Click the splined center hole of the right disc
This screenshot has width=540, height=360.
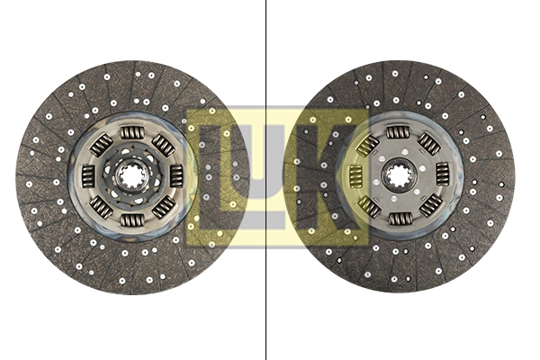pyautogui.click(x=398, y=174)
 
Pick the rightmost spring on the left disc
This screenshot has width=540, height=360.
pyautogui.click(x=175, y=176)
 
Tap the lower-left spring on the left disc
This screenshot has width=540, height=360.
pyautogui.click(x=101, y=206)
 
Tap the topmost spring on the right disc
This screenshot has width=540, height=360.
pyautogui.click(x=398, y=133)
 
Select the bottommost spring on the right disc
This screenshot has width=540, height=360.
pyautogui.click(x=398, y=217)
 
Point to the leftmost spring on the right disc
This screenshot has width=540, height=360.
pyautogui.click(x=355, y=175)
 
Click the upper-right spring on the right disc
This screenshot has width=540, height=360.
pyautogui.click(x=428, y=144)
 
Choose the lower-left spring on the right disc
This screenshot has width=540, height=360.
pyautogui.click(x=368, y=206)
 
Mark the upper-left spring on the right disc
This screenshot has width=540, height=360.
pyautogui.click(x=368, y=145)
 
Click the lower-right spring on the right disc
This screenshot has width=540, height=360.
pyautogui.click(x=427, y=205)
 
